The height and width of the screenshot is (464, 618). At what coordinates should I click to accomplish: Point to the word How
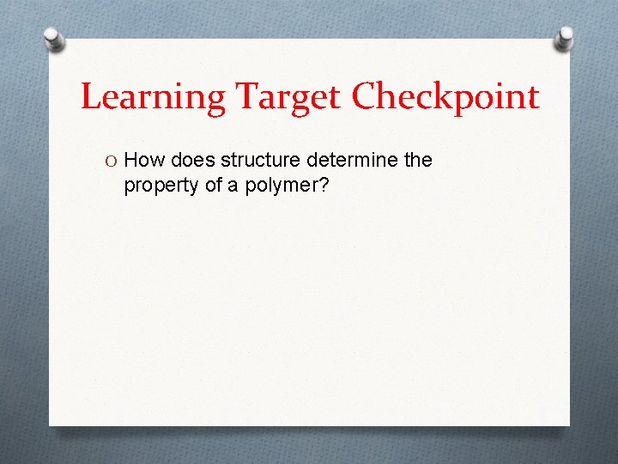tap(145, 160)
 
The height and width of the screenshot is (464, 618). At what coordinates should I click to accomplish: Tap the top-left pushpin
tap(53, 39)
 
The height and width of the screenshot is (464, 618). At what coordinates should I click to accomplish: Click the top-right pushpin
tap(564, 38)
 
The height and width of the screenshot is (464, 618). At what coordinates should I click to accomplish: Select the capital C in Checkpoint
tap(367, 96)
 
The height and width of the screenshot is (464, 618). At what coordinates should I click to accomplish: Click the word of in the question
tap(209, 184)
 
